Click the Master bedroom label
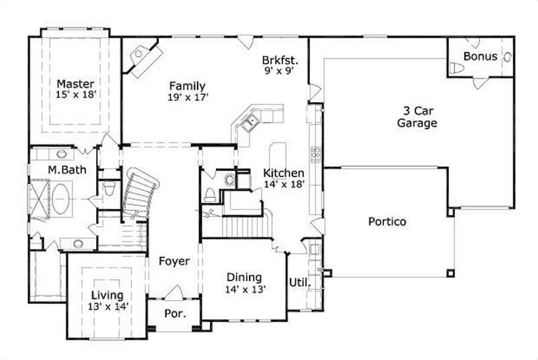point(75,83)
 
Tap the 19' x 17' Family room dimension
point(187,97)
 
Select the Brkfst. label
point(280,60)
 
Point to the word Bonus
point(480,56)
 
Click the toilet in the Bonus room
point(457,69)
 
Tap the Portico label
point(387,221)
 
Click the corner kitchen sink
point(252,122)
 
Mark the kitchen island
point(275,155)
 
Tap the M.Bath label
point(67,170)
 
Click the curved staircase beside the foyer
point(140,192)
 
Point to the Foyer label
point(174,261)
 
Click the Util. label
point(299,283)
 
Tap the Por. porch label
point(174,314)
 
